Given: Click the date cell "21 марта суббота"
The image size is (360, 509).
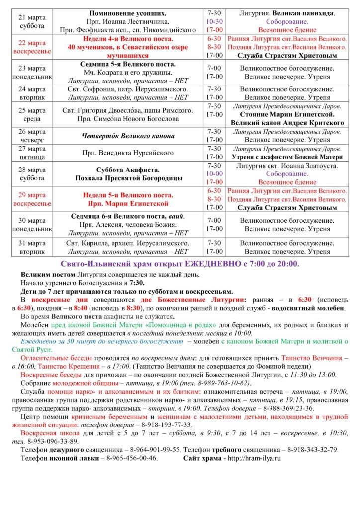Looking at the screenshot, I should coord(32,21).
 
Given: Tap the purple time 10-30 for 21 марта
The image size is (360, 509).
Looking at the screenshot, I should coord(214,22).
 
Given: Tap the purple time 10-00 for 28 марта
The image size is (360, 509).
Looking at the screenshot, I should coord(214,174).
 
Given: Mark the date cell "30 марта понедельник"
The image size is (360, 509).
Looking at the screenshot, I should coord(32,225).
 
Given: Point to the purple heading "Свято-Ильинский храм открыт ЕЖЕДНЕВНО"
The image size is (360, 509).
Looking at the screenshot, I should coord(180,264).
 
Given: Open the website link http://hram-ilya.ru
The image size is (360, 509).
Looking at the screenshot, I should coord(253,458).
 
